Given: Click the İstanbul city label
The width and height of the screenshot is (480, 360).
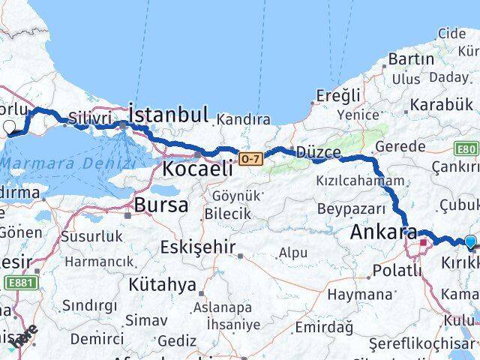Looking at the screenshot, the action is [x=169, y=115].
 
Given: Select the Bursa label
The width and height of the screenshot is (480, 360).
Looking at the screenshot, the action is [x=161, y=205].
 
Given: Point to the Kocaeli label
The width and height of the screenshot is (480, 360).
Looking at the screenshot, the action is [x=197, y=169].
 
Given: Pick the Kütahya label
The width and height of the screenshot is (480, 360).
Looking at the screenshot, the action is [x=162, y=284].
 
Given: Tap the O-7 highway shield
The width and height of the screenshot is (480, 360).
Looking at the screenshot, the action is [x=250, y=158].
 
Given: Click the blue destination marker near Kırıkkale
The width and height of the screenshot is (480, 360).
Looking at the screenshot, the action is [x=470, y=241].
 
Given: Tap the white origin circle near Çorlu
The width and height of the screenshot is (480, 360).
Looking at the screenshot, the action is [x=10, y=127].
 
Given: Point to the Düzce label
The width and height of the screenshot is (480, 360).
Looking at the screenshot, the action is [x=318, y=152].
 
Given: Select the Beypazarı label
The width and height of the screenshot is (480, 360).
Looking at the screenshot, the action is [x=351, y=208].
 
